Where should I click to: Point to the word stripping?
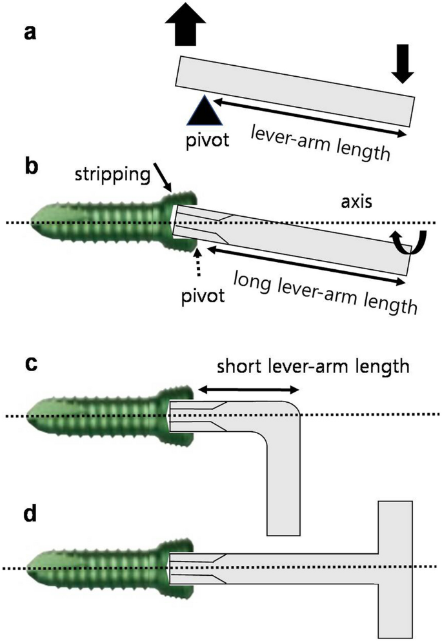110,174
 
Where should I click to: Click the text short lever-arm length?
313,367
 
